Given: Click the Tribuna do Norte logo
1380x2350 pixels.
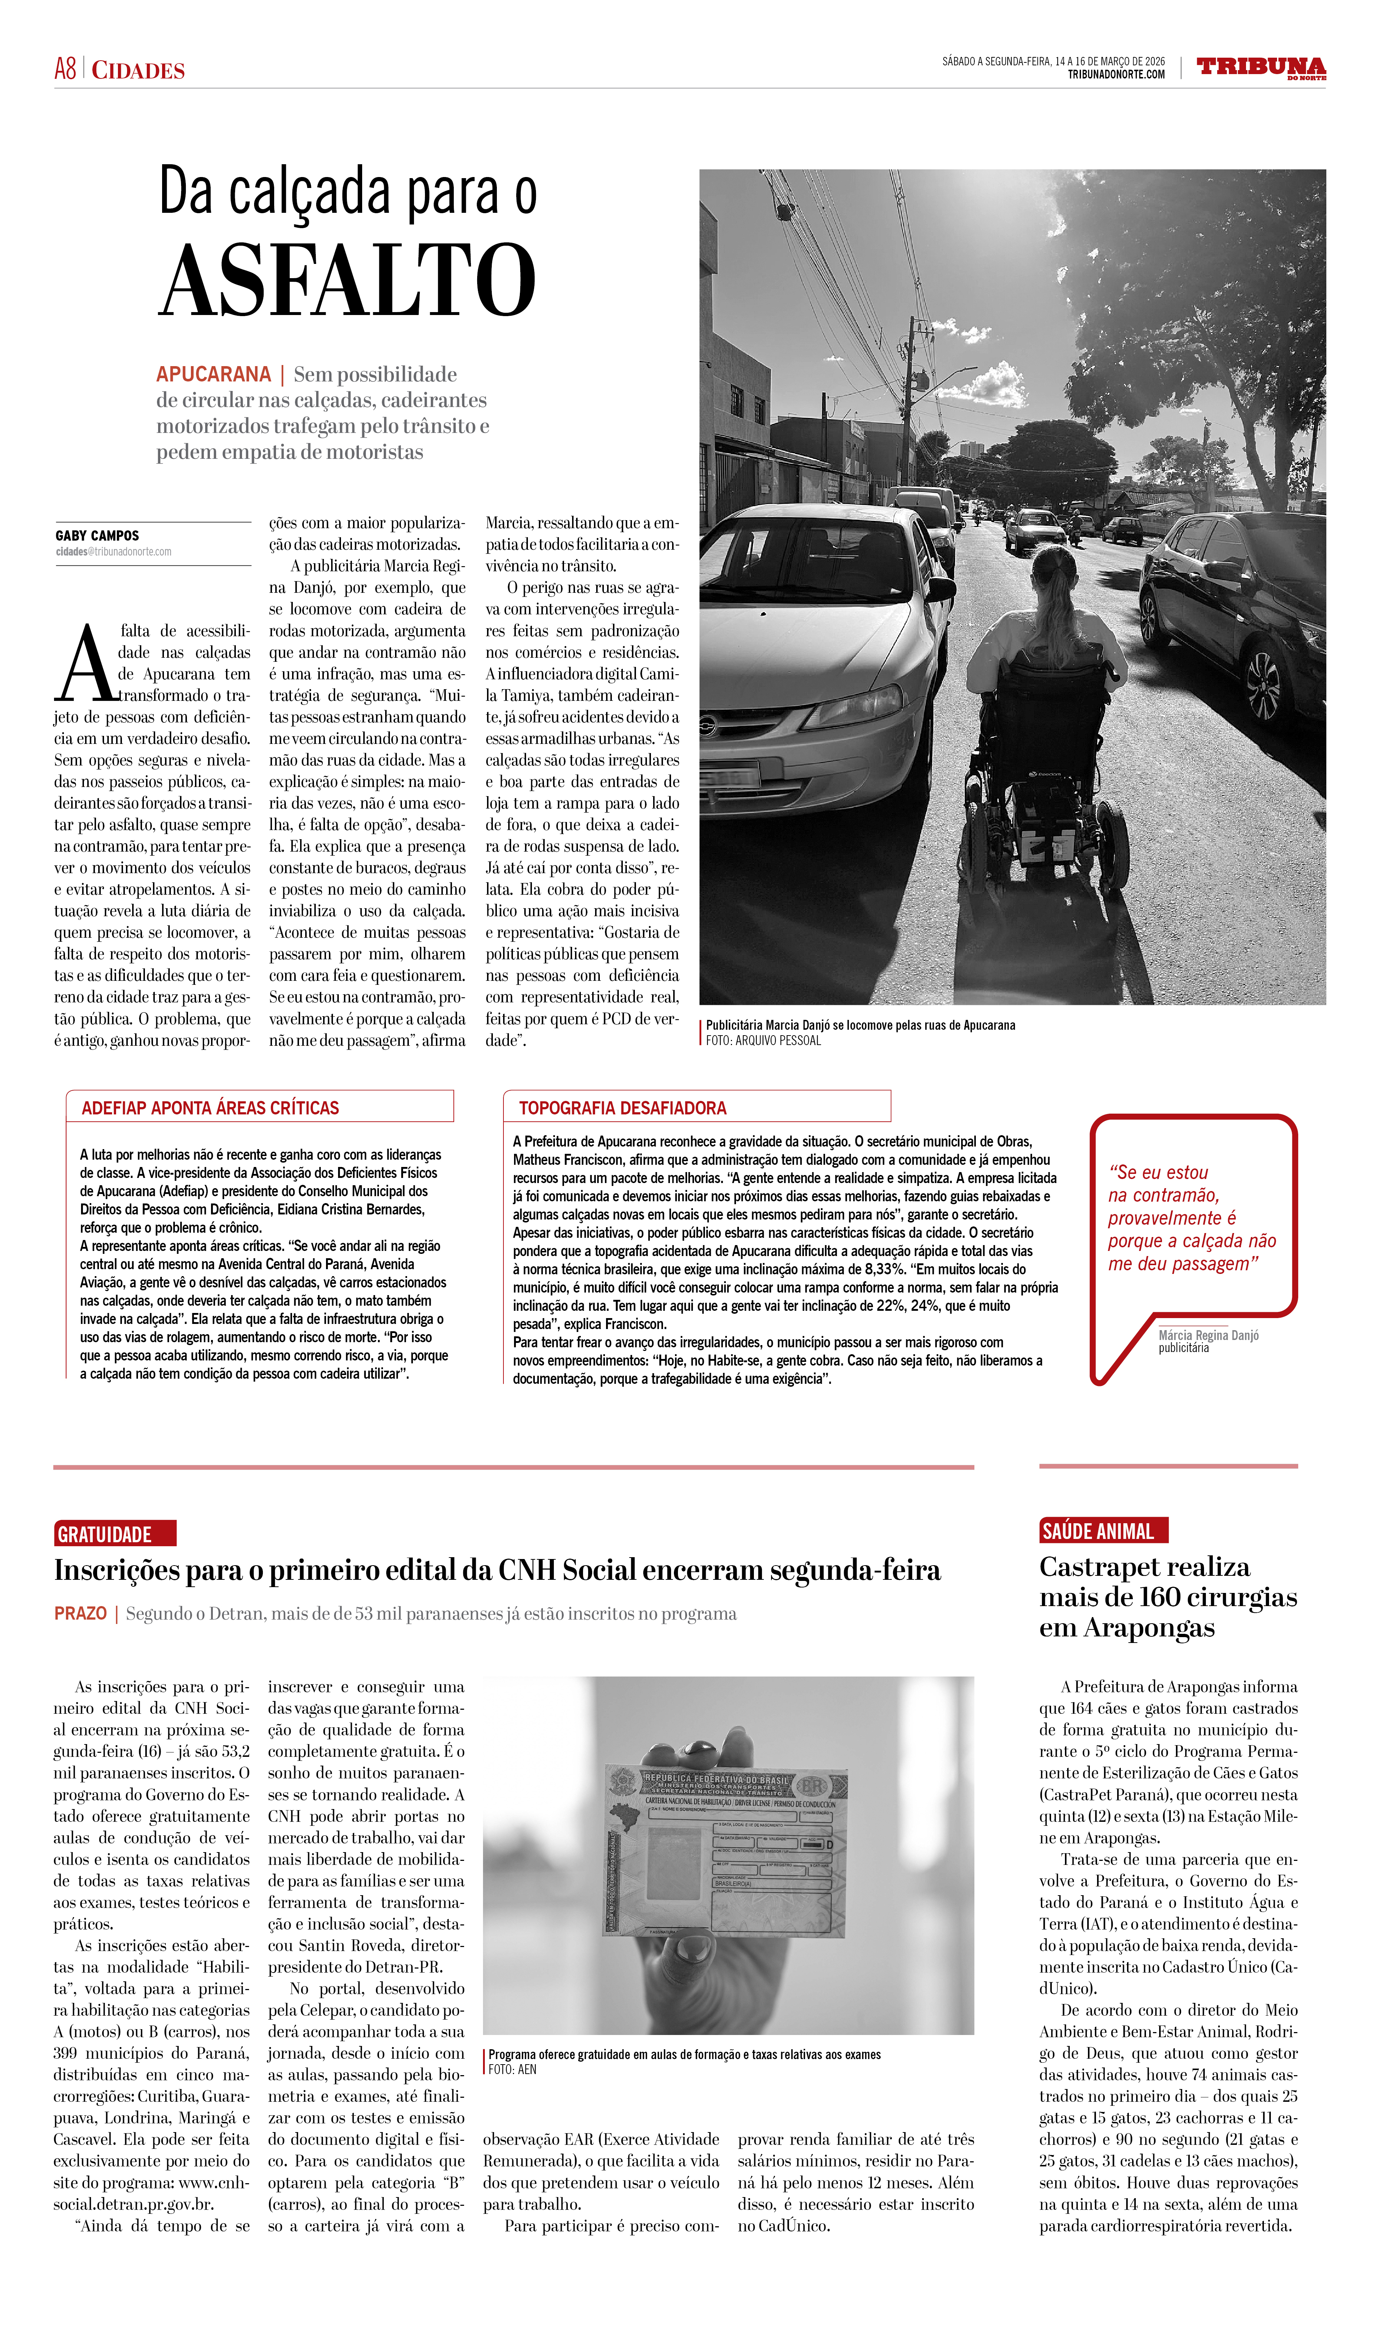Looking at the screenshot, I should (1261, 68).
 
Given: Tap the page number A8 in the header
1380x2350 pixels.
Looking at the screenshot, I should (65, 69).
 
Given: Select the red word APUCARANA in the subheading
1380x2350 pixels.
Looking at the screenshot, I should (214, 375).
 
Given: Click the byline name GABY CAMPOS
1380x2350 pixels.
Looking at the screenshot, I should (97, 536).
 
